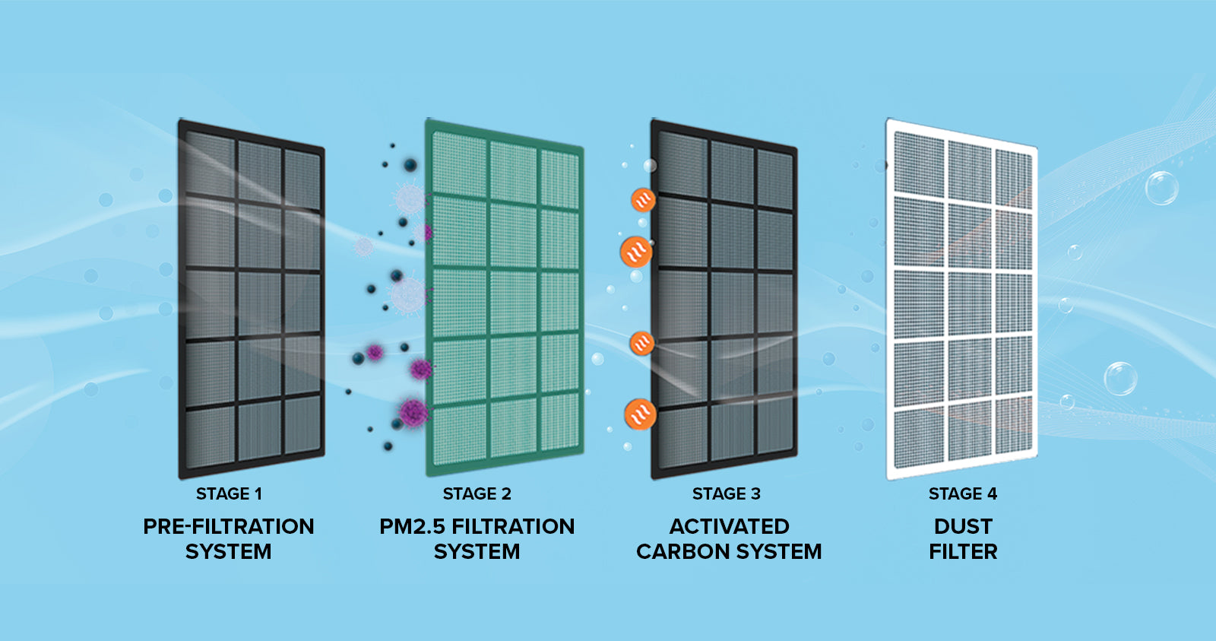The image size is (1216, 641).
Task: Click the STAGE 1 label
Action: (229, 494)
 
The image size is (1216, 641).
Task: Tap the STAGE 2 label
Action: (477, 494)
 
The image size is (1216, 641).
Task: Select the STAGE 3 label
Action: (726, 494)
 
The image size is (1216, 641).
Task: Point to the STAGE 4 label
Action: (962, 494)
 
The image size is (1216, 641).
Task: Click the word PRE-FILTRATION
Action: (228, 526)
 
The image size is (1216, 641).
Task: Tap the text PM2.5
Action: (412, 526)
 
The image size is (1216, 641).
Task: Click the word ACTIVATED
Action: (729, 526)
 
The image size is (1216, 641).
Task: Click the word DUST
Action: (963, 526)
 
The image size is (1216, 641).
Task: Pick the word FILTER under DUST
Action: (963, 552)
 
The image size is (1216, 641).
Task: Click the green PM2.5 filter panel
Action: (505, 297)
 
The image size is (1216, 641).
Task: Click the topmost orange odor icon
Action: (643, 200)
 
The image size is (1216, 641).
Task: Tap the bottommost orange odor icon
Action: (640, 414)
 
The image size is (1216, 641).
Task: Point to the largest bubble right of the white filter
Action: (1161, 188)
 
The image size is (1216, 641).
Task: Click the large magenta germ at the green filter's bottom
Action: (413, 412)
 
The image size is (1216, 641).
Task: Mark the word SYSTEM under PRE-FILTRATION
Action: (228, 552)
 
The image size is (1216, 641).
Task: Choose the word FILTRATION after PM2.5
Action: (513, 526)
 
